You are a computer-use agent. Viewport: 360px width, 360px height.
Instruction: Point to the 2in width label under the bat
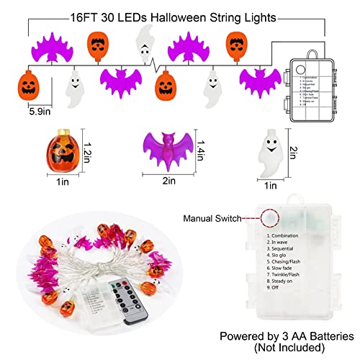[x=168, y=181]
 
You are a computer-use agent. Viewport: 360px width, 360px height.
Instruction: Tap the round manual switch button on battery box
[x=270, y=216]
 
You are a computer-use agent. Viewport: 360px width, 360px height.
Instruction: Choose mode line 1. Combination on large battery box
[x=292, y=235]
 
